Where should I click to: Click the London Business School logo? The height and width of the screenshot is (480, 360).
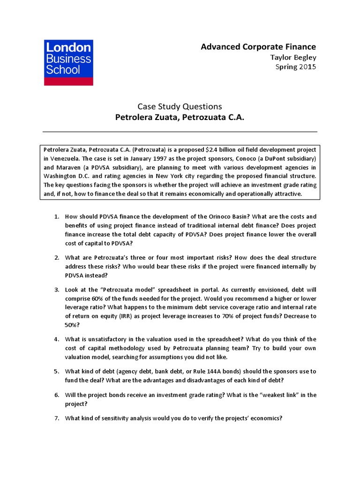point(68,62)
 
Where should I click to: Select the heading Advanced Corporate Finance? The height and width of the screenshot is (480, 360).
point(258,46)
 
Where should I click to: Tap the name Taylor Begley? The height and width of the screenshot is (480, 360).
point(293,57)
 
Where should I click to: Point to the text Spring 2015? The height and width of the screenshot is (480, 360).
point(295,67)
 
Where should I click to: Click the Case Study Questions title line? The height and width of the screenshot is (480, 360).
point(180,106)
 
